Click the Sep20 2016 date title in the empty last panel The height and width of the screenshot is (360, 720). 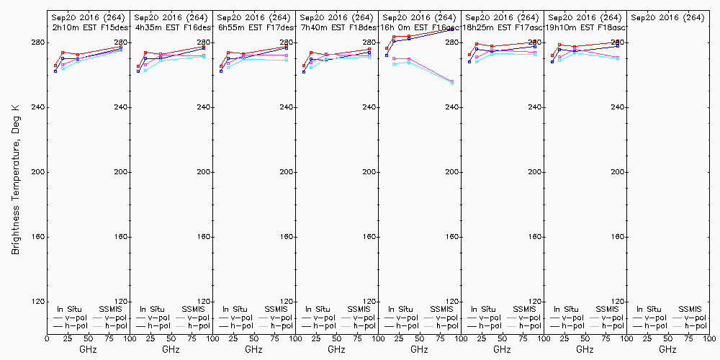[x=667, y=17]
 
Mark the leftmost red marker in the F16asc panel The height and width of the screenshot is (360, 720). [x=387, y=49]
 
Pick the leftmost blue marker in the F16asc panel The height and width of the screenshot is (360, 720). [x=387, y=55]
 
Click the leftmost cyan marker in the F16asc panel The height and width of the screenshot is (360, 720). [x=394, y=64]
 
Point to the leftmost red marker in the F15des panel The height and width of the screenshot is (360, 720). [x=55, y=66]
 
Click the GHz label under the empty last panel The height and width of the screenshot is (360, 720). [x=667, y=349]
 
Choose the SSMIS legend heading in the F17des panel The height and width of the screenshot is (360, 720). [x=276, y=309]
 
